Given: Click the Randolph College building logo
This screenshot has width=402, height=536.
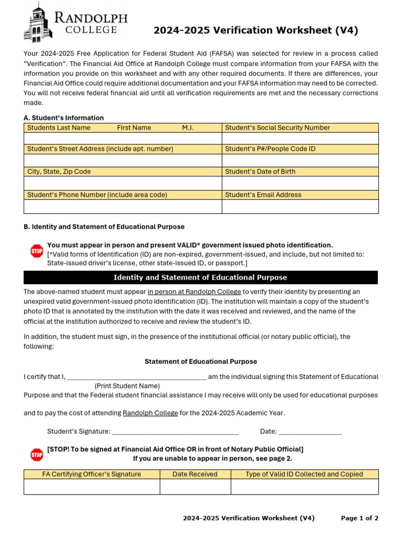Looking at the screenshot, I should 38,22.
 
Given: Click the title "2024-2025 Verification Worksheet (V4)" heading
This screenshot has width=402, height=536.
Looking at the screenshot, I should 255,31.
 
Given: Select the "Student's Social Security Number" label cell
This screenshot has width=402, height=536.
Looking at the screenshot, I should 300,128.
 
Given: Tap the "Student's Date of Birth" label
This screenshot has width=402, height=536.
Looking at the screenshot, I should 300,172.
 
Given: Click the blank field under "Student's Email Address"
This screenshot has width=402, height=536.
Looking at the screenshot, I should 300,206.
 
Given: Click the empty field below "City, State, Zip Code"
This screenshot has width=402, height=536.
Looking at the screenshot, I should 123,183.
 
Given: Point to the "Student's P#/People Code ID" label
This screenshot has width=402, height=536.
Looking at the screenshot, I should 300,149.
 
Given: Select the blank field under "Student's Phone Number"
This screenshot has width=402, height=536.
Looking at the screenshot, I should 123,206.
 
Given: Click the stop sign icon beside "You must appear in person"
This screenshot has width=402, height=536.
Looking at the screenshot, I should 37,251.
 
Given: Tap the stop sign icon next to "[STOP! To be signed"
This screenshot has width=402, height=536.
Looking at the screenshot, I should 37,454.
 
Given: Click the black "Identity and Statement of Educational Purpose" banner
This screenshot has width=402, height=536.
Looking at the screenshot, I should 200,277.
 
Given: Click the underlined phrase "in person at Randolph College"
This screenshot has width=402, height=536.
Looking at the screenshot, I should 194,292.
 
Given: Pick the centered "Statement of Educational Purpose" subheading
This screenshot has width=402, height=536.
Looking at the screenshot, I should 200,362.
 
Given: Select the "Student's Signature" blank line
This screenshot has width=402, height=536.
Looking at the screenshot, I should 175,432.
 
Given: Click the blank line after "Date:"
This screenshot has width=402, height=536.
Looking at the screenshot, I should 310,432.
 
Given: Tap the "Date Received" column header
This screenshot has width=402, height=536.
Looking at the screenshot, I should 195,474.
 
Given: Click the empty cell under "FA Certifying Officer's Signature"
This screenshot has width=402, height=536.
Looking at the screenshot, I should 92,487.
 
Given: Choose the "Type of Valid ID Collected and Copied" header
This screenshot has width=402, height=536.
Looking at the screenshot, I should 304,474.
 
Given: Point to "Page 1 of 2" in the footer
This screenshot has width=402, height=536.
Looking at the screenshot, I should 360,518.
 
